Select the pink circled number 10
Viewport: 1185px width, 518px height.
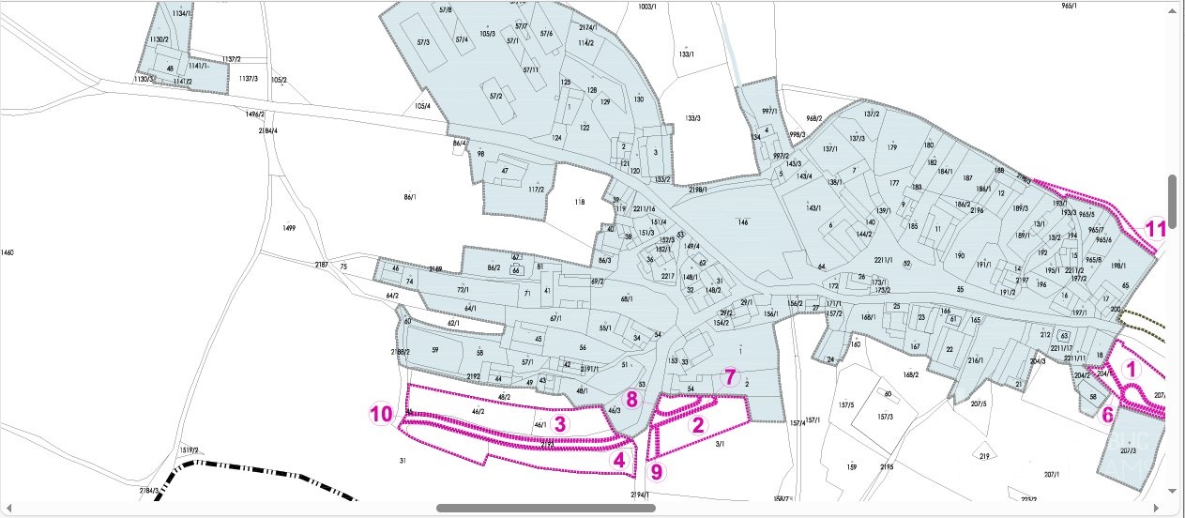pyautogui.click(x=380, y=413)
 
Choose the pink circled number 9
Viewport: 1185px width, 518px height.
pyautogui.click(x=656, y=471)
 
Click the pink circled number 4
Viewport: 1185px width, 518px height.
pyautogui.click(x=618, y=460)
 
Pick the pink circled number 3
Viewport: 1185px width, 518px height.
pyautogui.click(x=560, y=423)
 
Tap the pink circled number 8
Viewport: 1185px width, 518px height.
pyautogui.click(x=632, y=399)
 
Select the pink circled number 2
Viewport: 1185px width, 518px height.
pyautogui.click(x=697, y=424)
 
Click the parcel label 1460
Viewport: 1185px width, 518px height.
pyautogui.click(x=8, y=252)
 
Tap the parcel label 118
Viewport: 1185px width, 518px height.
pyautogui.click(x=579, y=202)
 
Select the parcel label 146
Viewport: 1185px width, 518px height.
pyautogui.click(x=742, y=222)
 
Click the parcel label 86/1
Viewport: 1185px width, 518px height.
pyautogui.click(x=409, y=197)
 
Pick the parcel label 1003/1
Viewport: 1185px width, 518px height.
pyautogui.click(x=646, y=7)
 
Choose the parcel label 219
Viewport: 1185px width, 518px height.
pyautogui.click(x=984, y=456)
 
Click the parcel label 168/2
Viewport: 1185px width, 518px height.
pyautogui.click(x=910, y=374)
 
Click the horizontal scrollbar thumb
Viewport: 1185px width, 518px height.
pyautogui.click(x=545, y=508)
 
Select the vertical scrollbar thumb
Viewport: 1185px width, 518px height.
pyautogui.click(x=1172, y=195)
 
